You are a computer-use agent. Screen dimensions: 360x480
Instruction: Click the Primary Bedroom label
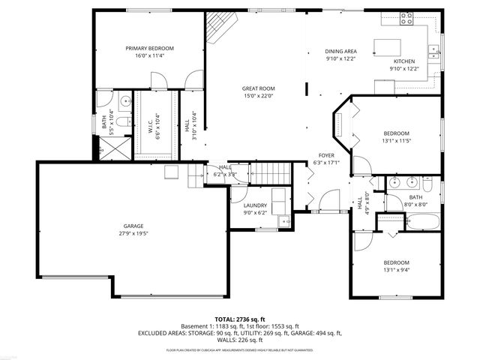point(149,48)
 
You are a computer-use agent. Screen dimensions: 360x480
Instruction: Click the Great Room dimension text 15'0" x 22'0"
point(258,96)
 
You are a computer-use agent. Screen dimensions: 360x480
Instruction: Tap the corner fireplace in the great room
point(220,28)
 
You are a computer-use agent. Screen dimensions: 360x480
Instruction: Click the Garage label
point(133,226)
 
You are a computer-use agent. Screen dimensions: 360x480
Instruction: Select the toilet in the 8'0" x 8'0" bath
point(427,183)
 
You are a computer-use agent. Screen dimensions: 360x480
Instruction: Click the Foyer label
point(325,155)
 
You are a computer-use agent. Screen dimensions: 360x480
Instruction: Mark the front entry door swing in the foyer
point(328,200)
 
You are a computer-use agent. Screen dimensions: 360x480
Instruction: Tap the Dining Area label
point(340,51)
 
